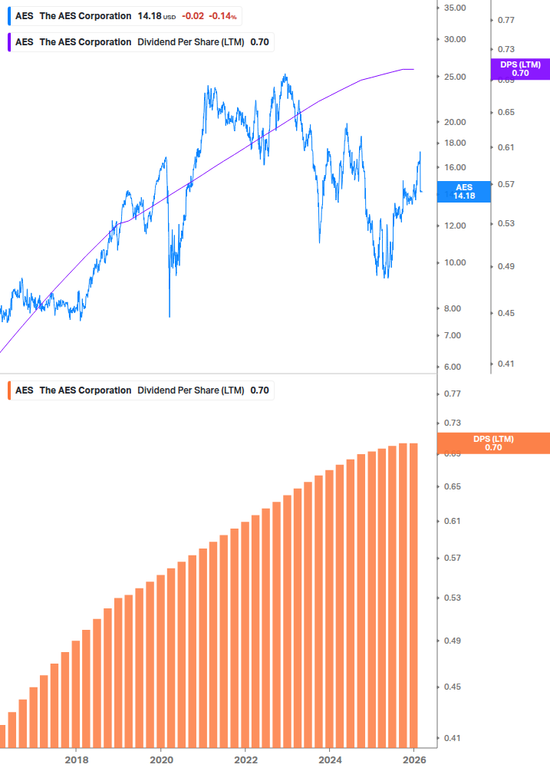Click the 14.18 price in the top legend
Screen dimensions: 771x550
tap(150, 16)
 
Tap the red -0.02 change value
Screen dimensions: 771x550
tap(193, 16)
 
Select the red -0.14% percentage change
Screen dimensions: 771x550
tap(222, 16)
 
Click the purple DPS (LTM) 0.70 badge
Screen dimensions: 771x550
tap(520, 69)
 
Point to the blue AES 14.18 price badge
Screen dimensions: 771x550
tap(464, 192)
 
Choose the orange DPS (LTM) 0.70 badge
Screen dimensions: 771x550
tap(492, 443)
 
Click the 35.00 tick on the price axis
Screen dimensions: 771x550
tap(455, 8)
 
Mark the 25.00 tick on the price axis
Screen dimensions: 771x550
tap(455, 77)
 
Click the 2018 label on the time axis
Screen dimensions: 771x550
tap(76, 760)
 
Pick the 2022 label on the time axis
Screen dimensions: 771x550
tap(245, 760)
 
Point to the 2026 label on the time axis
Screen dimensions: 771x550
tap(413, 760)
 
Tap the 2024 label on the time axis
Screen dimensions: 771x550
tap(329, 760)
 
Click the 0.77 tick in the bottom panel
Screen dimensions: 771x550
tap(452, 394)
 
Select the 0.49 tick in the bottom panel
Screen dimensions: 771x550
tap(452, 641)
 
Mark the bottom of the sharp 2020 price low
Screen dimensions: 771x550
tap(169, 315)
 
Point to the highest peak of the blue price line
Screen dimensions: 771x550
tap(285, 75)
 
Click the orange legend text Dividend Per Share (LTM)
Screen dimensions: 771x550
tap(190, 390)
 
